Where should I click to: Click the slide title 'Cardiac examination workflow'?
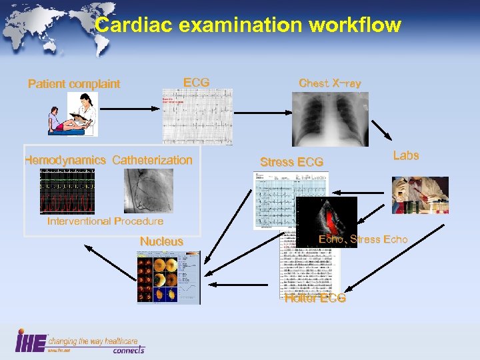pyautogui.click(x=248, y=25)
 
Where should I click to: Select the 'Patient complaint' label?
pyautogui.click(x=74, y=84)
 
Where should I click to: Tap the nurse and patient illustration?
pyautogui.click(x=73, y=114)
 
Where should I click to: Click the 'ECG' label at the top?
pyautogui.click(x=196, y=83)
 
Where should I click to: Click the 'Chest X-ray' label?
pyautogui.click(x=330, y=83)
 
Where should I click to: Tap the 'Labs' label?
pyautogui.click(x=405, y=155)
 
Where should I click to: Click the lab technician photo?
pyautogui.click(x=419, y=195)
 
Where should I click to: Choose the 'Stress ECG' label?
pyautogui.click(x=291, y=162)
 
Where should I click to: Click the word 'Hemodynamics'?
pyautogui.click(x=65, y=160)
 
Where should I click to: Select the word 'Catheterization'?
pyautogui.click(x=152, y=160)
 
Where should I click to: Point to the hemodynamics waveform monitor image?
pyautogui.click(x=67, y=191)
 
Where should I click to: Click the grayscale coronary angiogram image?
pyautogui.click(x=148, y=191)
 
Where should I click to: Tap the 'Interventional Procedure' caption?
pyautogui.click(x=105, y=221)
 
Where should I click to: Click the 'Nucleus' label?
pyautogui.click(x=161, y=241)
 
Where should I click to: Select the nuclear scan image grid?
pyautogui.click(x=167, y=277)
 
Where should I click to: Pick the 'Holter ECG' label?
pyautogui.click(x=315, y=298)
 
